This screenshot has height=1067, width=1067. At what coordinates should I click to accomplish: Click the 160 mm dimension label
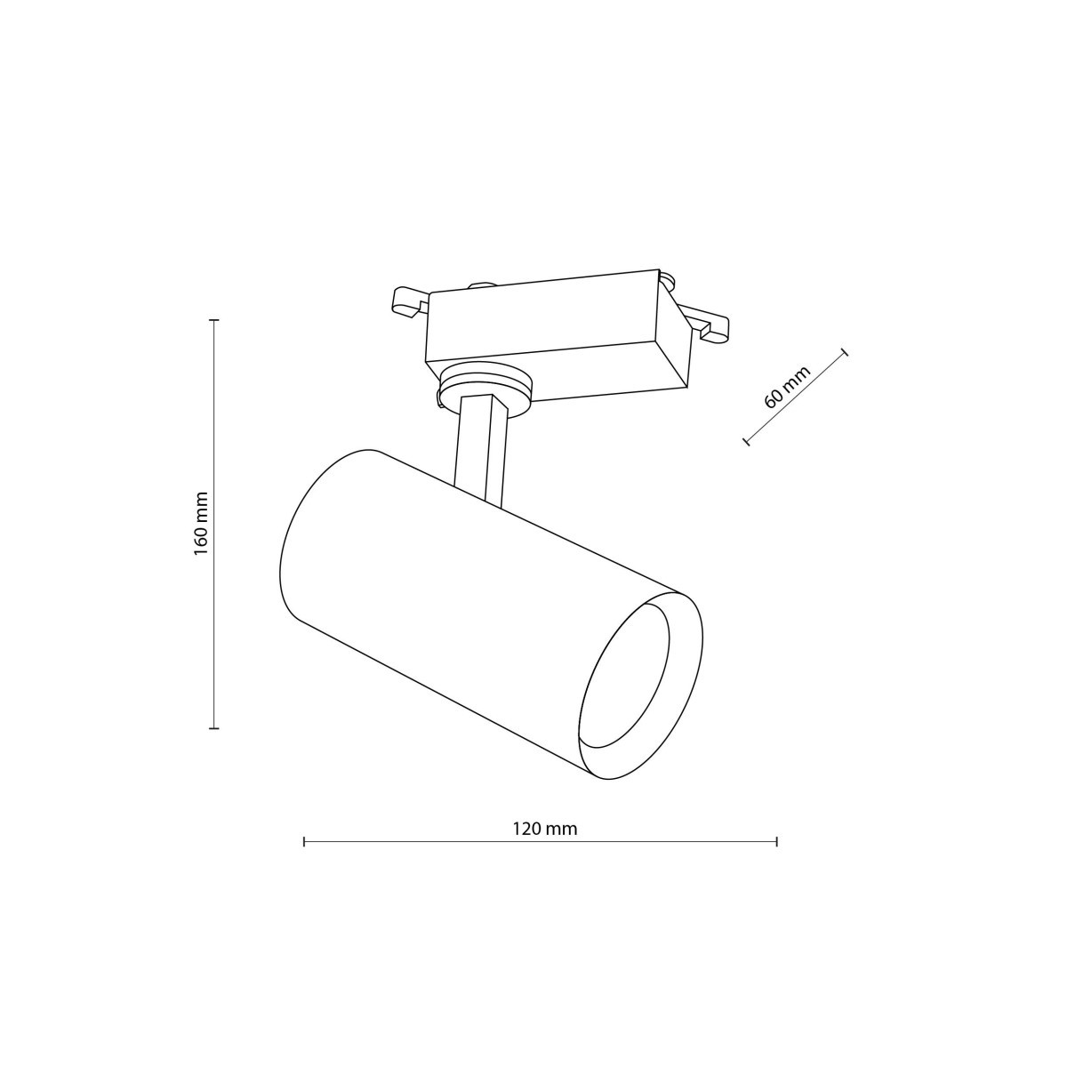[201, 524]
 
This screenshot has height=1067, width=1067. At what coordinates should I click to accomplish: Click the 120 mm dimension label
[544, 829]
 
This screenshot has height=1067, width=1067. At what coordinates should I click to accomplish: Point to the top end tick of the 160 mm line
[213, 319]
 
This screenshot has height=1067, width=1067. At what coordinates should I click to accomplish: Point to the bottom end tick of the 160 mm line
[213, 728]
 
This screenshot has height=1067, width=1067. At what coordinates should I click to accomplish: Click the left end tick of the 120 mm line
[304, 841]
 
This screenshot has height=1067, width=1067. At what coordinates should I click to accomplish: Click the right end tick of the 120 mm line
[777, 841]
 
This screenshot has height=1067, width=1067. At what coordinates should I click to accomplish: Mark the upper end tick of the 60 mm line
[846, 351]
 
